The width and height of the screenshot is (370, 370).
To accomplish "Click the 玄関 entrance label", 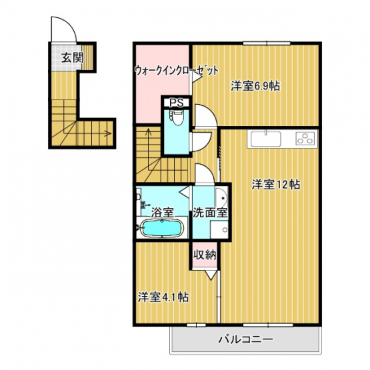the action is coord(73,57).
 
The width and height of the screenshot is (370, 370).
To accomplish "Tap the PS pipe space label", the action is coord(177,103).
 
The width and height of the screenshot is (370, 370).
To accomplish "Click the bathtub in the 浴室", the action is coord(162,228).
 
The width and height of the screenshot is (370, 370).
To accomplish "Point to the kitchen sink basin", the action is coord(266,139).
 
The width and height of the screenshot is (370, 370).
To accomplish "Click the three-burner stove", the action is coord(306,138).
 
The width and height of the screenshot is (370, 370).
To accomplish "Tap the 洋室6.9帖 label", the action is coord(255,86).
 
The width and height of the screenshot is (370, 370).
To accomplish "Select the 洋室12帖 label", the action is coord(275,184).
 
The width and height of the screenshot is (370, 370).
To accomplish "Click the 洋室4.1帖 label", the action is coord(163,297).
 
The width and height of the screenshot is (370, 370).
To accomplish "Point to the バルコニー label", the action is coord(245,339).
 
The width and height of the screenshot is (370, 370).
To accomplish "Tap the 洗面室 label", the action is coord(210,213).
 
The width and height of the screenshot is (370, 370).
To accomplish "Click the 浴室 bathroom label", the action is coord(163,213).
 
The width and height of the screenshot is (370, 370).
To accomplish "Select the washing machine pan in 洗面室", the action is coord(219,229).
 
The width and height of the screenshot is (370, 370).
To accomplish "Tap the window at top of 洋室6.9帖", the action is coord(267,43).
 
